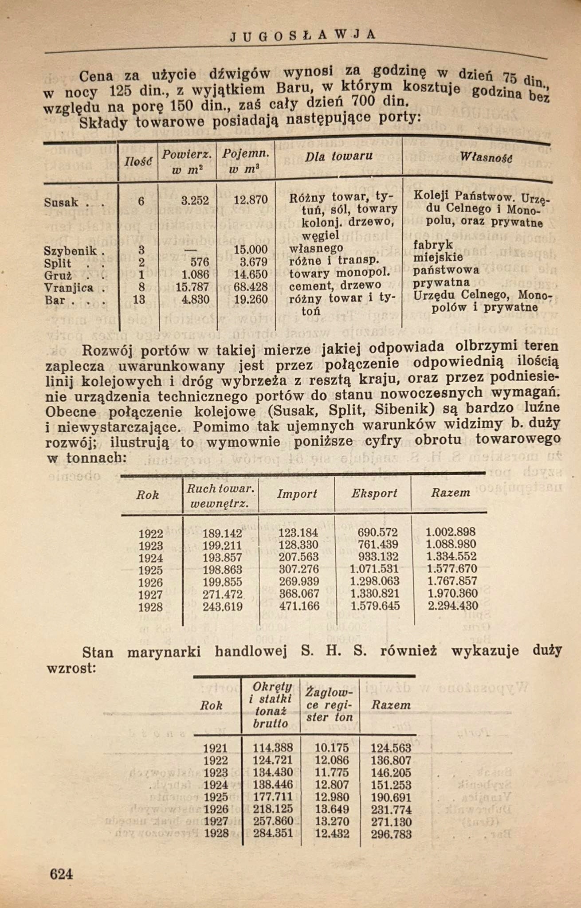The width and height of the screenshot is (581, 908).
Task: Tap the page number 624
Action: [x=61, y=874]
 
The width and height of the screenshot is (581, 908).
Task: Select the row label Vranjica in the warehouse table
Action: [x=69, y=288]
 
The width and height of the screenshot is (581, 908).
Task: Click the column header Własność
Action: [x=486, y=157]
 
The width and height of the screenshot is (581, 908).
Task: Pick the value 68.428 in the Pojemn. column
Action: [x=251, y=287]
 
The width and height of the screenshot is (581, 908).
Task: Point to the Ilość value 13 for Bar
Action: [x=139, y=300]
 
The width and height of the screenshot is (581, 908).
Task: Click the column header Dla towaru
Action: [x=339, y=156]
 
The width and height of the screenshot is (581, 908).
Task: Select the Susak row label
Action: [x=61, y=203]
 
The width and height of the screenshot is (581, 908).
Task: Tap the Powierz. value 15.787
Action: [x=192, y=287]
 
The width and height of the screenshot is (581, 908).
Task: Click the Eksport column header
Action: [x=374, y=493]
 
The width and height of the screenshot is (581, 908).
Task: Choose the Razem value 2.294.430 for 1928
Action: [x=453, y=606]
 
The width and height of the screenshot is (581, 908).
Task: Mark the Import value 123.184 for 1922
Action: [x=298, y=532]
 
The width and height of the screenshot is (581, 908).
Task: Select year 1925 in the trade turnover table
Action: [x=150, y=570]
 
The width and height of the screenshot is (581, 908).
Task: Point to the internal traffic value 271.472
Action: [x=222, y=594]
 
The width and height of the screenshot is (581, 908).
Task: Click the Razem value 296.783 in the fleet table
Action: [x=391, y=834]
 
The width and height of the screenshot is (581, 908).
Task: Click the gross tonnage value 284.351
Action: [x=273, y=834]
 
